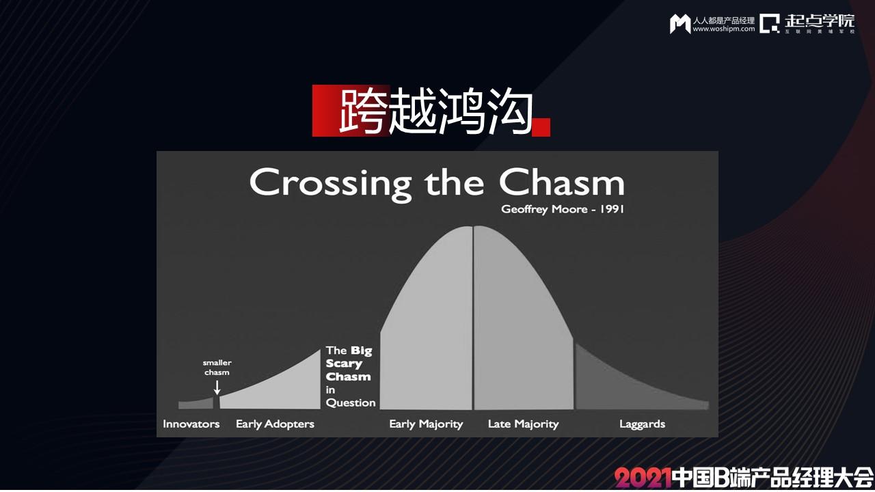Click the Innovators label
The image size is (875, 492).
click(x=191, y=424)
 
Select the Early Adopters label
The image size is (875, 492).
click(x=275, y=424)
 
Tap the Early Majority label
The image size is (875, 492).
click(x=426, y=424)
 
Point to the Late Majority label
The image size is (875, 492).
click(x=524, y=424)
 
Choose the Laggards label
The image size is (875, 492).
click(x=642, y=424)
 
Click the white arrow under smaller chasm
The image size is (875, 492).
click(x=217, y=387)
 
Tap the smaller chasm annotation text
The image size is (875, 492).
click(x=217, y=368)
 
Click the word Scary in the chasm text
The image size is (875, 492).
click(x=344, y=364)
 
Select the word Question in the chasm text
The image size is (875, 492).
click(x=351, y=402)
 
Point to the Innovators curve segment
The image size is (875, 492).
click(x=196, y=403)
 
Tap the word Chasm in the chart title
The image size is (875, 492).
click(x=562, y=182)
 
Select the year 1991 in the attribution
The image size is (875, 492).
click(x=612, y=209)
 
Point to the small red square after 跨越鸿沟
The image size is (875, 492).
click(x=541, y=127)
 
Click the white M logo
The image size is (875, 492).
click(x=680, y=24)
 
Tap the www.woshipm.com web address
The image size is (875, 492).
click(x=724, y=29)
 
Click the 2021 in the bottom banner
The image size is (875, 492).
click(x=642, y=478)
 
